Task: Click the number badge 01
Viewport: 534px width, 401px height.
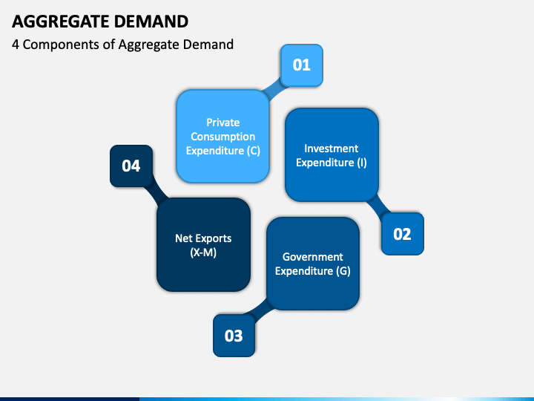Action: pos(301,65)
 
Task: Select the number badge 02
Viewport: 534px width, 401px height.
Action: pos(402,234)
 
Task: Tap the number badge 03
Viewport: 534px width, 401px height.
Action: pos(234,336)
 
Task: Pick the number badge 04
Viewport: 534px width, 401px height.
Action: pos(131,166)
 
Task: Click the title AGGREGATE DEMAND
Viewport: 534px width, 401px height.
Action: pos(99,21)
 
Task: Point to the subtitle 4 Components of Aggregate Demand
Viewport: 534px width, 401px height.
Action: pos(123,45)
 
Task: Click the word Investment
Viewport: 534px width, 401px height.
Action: pos(332,149)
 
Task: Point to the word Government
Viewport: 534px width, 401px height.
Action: pos(312,257)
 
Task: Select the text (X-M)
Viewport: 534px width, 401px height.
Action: pos(203,252)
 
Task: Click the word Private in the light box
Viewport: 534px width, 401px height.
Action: pos(222,122)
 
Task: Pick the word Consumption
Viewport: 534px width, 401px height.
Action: pos(222,137)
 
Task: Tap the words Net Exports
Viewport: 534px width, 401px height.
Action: pos(203,238)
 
